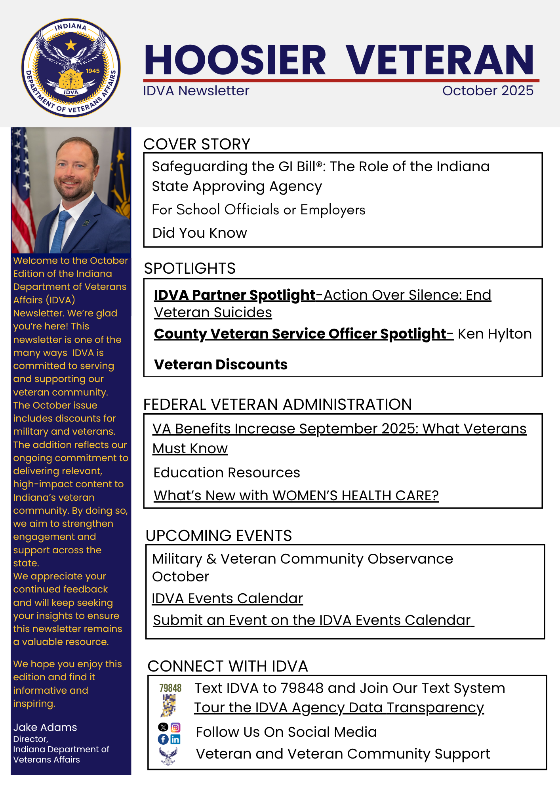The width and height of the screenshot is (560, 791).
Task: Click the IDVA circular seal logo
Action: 71,68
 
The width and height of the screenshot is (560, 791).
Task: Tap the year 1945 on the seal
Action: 93,71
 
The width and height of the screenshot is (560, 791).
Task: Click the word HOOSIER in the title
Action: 235,60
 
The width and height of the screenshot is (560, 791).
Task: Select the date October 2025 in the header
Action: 488,91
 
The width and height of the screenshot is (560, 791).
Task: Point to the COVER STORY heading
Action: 197,144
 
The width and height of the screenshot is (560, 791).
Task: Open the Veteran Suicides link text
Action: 213,312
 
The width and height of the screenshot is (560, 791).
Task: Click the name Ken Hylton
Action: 495,334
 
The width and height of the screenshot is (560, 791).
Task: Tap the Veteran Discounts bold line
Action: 221,364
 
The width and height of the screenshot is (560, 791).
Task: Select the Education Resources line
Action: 227,473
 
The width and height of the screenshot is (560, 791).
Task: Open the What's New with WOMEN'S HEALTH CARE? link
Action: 296,495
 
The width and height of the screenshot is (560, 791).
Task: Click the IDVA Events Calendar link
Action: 227,598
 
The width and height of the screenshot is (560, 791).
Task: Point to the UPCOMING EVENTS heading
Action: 219,536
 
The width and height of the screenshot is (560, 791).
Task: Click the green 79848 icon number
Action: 170,688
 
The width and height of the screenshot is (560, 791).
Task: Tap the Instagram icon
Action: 175,727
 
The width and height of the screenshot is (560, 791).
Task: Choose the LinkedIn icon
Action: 175,739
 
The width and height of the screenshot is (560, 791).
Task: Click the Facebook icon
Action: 163,739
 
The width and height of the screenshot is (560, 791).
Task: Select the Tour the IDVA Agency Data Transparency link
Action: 339,708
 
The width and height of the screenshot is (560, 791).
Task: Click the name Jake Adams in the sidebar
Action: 45,727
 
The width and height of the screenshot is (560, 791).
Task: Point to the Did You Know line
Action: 200,233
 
